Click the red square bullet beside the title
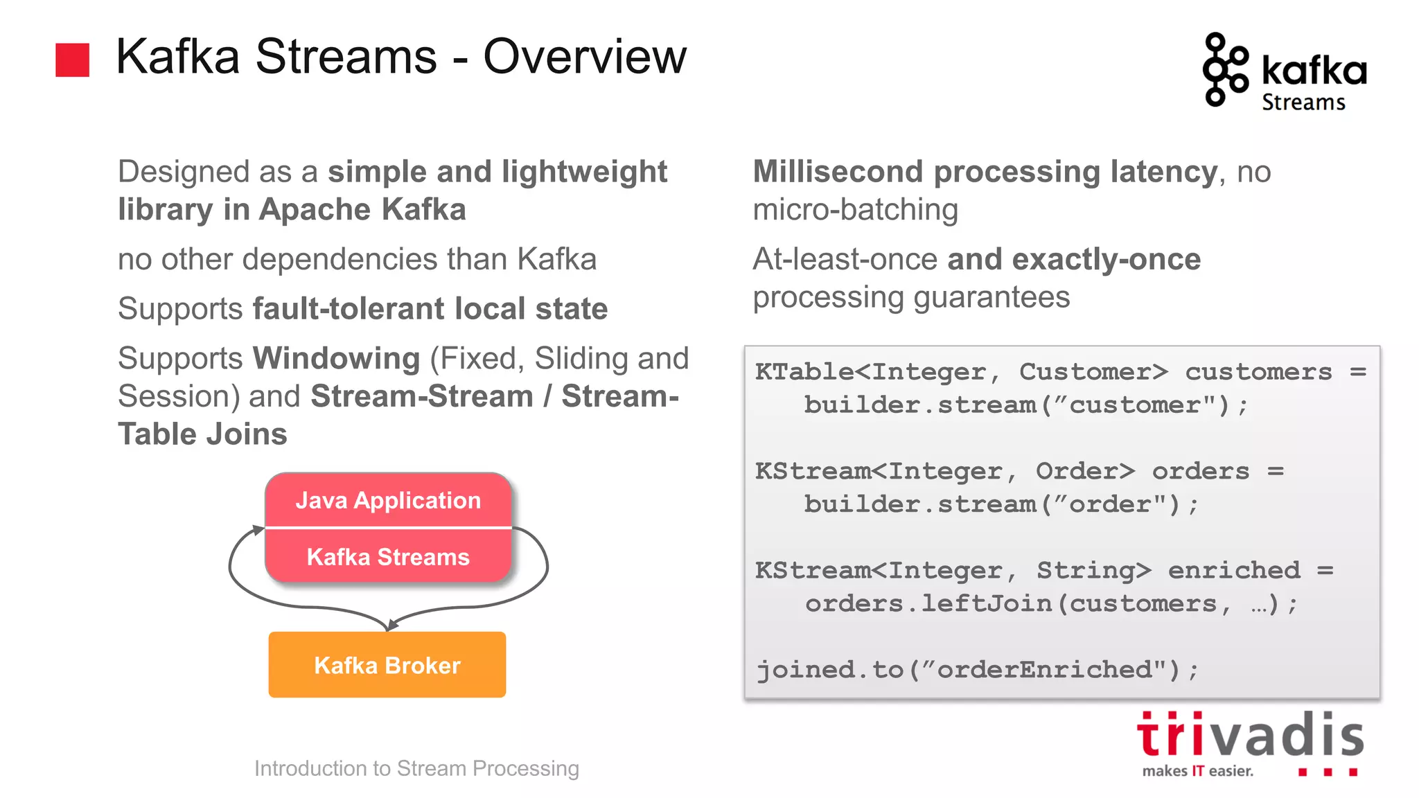pyautogui.click(x=72, y=60)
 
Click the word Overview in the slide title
pyautogui.click(x=584, y=57)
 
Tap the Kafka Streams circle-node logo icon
pyautogui.click(x=1224, y=70)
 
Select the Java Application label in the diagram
pyautogui.click(x=388, y=500)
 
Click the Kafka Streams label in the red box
pyautogui.click(x=388, y=557)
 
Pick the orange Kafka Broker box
pyautogui.click(x=387, y=664)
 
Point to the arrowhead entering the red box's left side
pyautogui.click(x=258, y=530)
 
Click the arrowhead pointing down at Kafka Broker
pyautogui.click(x=392, y=625)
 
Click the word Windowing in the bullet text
pyautogui.click(x=337, y=358)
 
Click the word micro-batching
pyautogui.click(x=855, y=209)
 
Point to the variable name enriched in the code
pyautogui.click(x=1234, y=570)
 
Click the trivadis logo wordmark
pyautogui.click(x=1250, y=736)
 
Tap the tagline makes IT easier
pyautogui.click(x=1197, y=771)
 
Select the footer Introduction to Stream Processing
pyautogui.click(x=416, y=768)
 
